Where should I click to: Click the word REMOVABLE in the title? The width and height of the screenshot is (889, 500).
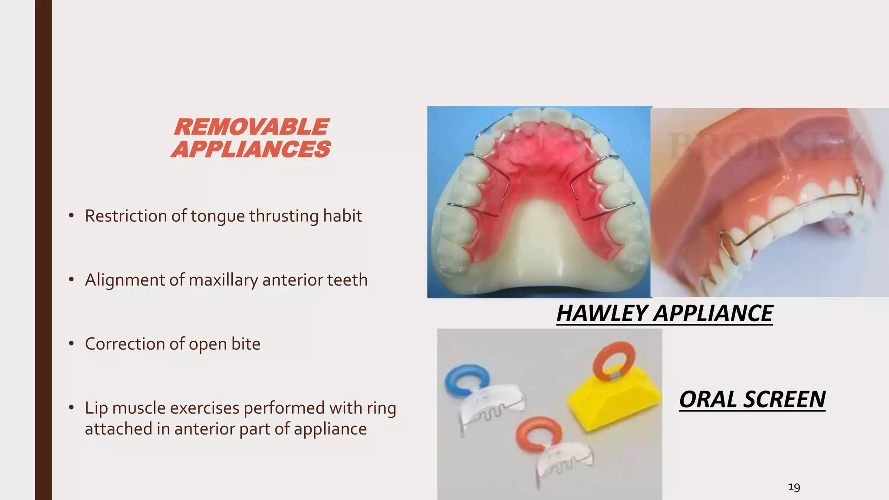(x=251, y=127)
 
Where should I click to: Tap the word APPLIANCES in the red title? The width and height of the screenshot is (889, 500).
(x=251, y=149)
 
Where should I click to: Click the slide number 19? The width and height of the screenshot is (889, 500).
(x=794, y=487)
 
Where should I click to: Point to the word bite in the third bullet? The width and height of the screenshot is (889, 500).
(x=246, y=344)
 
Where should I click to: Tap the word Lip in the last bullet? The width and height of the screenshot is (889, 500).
(x=95, y=408)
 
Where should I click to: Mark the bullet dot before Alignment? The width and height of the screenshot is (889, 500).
(x=71, y=280)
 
